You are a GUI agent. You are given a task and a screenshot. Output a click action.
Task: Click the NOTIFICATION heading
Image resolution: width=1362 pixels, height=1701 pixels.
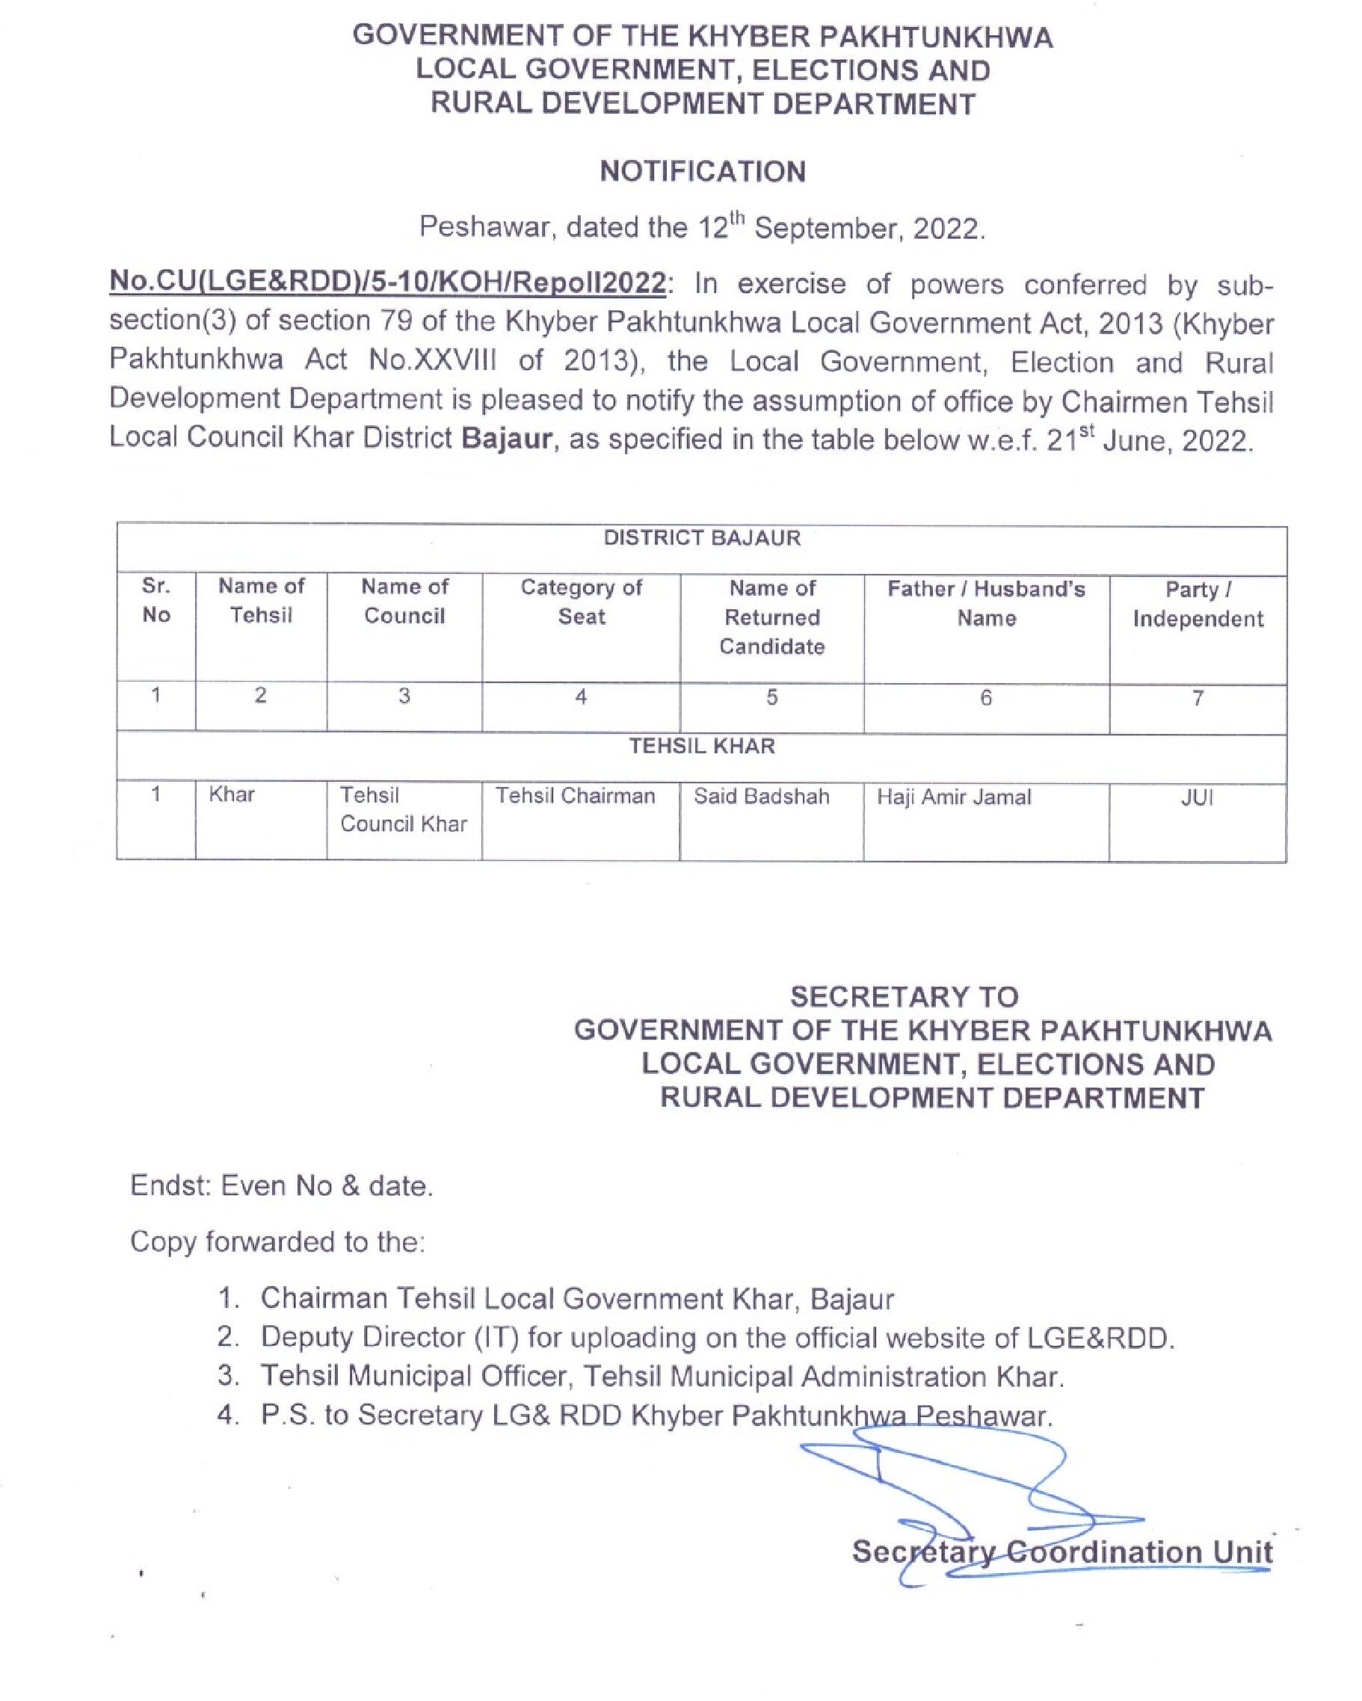click(x=703, y=171)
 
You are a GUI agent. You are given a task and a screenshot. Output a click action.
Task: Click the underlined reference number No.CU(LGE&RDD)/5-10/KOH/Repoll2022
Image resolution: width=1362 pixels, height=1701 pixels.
click(x=386, y=283)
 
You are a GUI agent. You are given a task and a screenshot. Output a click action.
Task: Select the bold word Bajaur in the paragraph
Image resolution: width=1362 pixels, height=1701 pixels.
click(x=506, y=438)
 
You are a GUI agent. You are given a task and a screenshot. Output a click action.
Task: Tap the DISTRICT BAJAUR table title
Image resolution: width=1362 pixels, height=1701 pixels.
click(x=701, y=538)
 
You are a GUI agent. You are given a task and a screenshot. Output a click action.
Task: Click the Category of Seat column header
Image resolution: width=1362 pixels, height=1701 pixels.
click(x=581, y=601)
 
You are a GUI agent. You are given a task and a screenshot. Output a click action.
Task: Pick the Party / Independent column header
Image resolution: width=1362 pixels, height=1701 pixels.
click(x=1197, y=604)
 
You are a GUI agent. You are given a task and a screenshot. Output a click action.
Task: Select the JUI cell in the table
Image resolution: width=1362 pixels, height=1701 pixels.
click(x=1196, y=797)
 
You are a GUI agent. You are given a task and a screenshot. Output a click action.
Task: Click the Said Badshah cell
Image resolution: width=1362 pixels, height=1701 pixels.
click(x=762, y=796)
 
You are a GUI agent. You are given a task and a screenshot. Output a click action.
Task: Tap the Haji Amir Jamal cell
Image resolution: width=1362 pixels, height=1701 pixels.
click(x=953, y=797)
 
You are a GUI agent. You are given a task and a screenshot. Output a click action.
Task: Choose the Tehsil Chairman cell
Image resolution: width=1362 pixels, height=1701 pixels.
click(x=576, y=795)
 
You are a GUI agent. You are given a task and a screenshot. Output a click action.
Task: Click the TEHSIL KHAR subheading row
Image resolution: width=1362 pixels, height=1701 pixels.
click(x=701, y=747)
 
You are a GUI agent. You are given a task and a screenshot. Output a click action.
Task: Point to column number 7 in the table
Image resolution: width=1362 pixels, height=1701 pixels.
click(x=1197, y=697)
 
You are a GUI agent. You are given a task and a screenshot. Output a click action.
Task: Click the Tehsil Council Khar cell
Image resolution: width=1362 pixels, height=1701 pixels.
click(x=403, y=809)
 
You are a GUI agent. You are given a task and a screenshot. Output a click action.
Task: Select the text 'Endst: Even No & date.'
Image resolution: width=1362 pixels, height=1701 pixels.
click(x=282, y=1185)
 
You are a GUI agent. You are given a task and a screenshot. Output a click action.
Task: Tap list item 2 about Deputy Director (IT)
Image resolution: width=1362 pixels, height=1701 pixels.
click(x=717, y=1337)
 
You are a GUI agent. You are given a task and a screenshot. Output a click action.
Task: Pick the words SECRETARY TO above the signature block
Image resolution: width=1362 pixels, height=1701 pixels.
click(x=904, y=996)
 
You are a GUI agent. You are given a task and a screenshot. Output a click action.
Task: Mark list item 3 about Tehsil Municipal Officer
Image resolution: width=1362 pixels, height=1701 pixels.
click(x=662, y=1376)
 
